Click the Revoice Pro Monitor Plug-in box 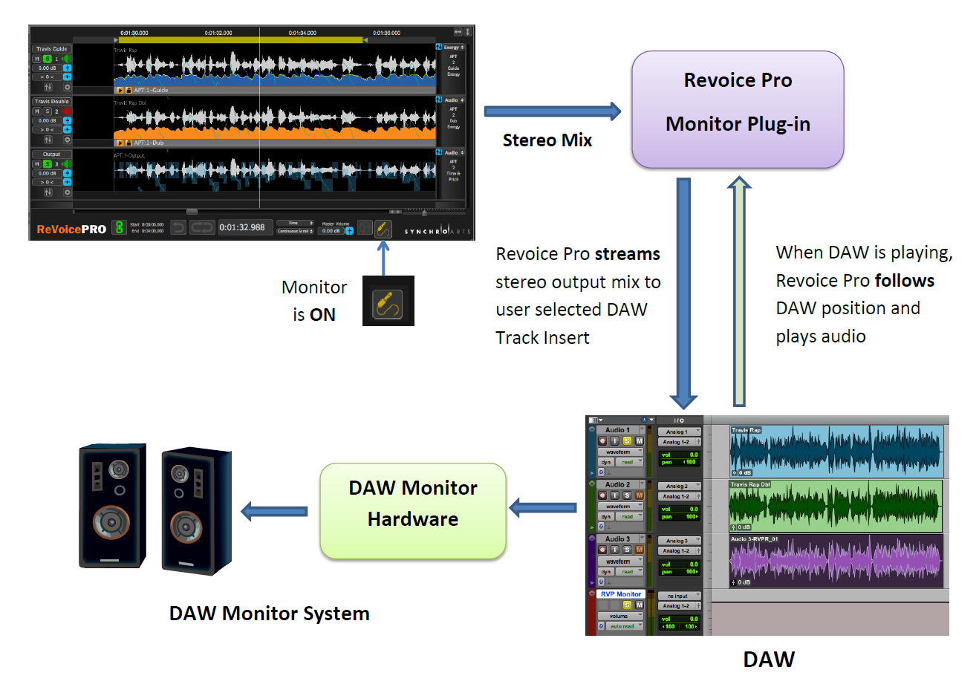click(x=738, y=109)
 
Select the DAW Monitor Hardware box click(x=413, y=510)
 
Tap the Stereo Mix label click(x=547, y=140)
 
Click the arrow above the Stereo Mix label click(x=552, y=111)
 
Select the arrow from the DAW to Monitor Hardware click(x=543, y=508)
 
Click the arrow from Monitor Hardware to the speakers click(x=275, y=511)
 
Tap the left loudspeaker click(x=113, y=506)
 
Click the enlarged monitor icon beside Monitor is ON click(x=388, y=301)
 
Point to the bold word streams click(x=627, y=254)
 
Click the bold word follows click(x=904, y=281)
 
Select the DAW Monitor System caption click(x=269, y=614)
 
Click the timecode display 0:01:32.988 click(x=242, y=227)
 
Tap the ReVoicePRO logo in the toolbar click(x=71, y=229)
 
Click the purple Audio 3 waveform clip click(x=836, y=561)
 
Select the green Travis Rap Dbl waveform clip click(x=836, y=506)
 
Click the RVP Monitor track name click(x=620, y=594)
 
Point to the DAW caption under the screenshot click(x=769, y=659)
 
